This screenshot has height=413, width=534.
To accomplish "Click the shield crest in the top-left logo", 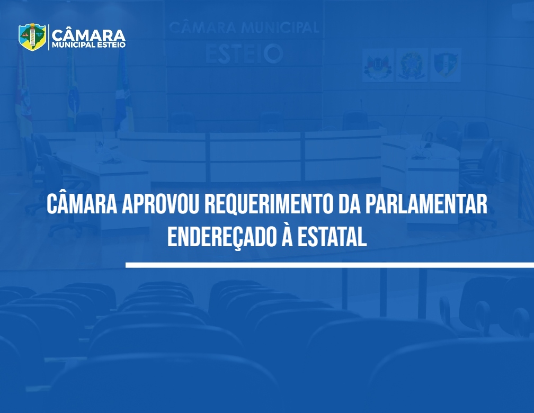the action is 32,37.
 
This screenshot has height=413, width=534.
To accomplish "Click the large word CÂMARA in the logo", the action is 88,35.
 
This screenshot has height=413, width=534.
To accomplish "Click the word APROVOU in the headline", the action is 161,204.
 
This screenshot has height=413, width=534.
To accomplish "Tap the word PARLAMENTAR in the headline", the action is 426,204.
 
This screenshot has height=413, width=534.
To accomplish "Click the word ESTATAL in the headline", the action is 332,237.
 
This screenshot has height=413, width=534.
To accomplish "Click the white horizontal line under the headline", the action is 330,265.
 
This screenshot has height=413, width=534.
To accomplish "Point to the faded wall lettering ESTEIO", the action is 244,54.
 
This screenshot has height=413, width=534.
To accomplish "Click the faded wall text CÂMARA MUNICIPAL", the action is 244,28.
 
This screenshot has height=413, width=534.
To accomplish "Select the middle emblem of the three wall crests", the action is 412,65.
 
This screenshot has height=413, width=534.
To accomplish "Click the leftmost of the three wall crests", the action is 377,65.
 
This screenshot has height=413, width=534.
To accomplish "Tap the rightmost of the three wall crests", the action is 446,65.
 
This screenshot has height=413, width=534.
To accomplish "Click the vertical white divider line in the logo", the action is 49,37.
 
